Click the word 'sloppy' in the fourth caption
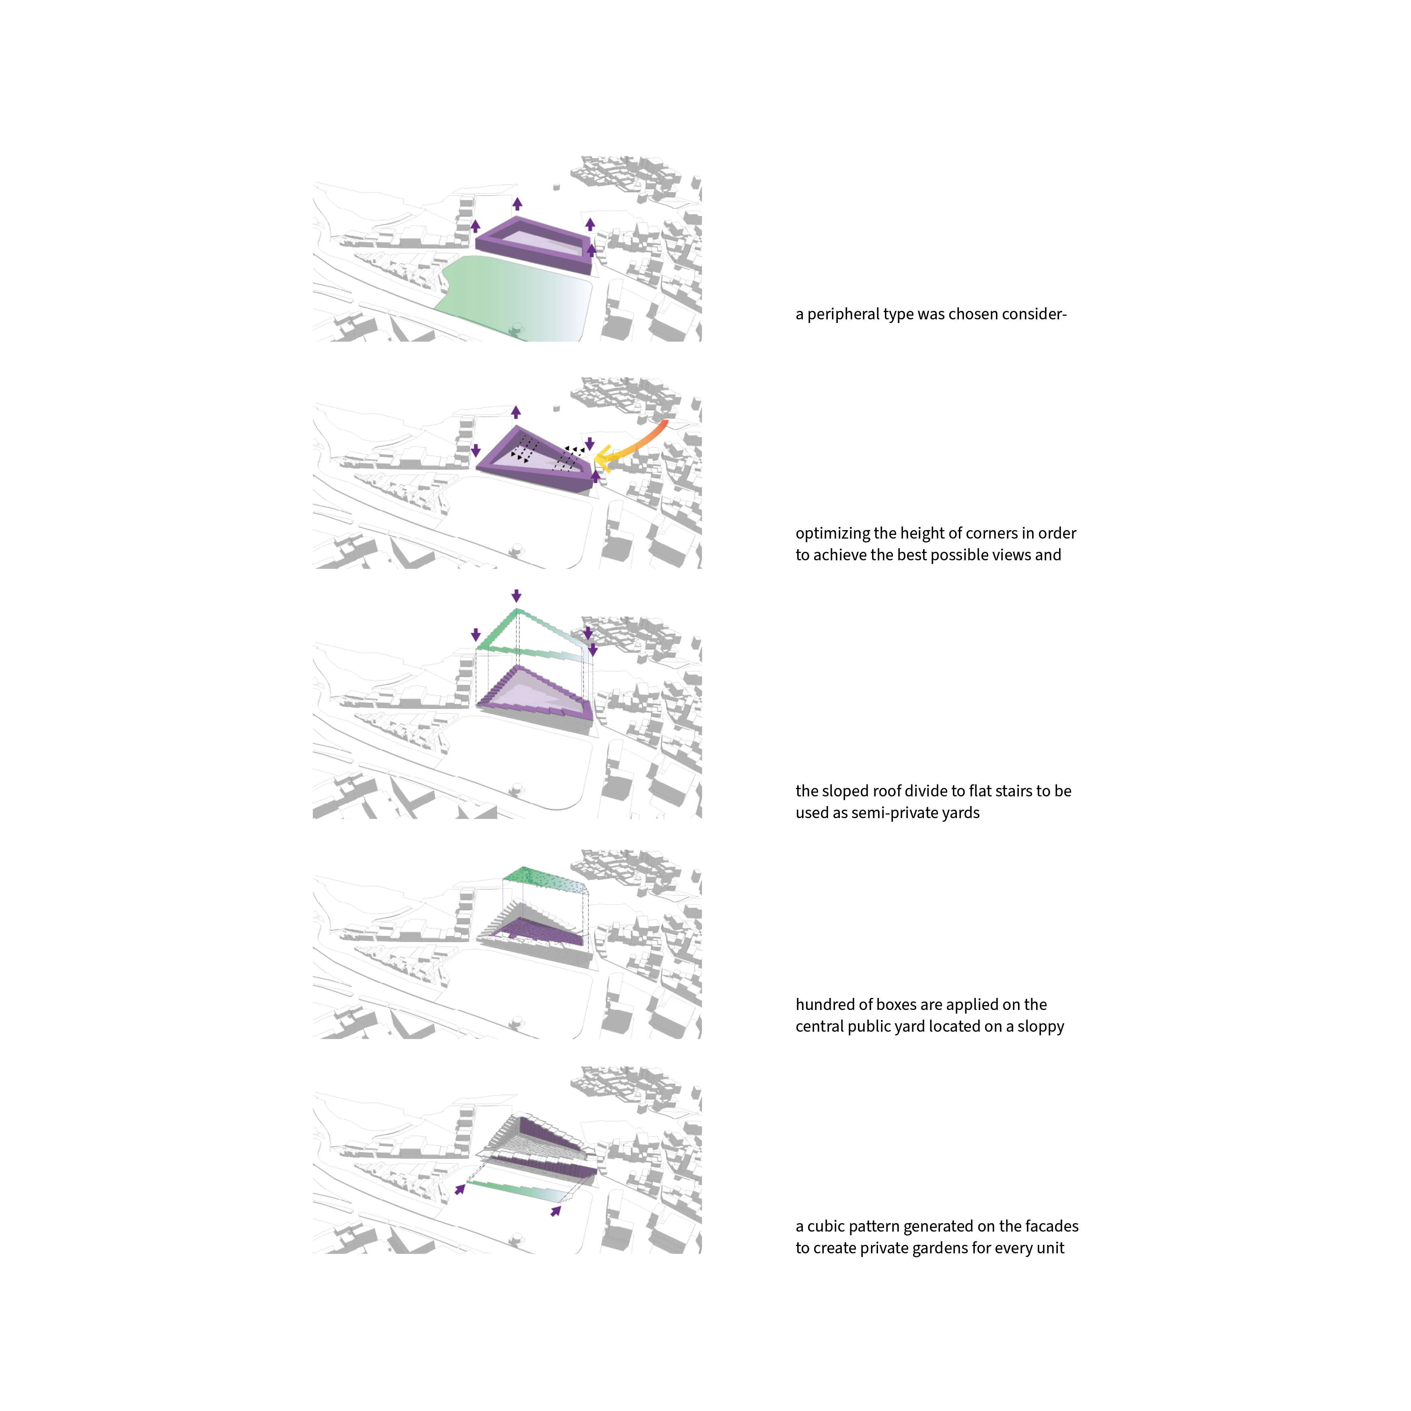(x=1041, y=1027)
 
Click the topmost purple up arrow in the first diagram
(x=517, y=204)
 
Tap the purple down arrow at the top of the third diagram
(x=516, y=595)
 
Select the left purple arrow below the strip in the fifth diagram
(x=460, y=1190)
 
